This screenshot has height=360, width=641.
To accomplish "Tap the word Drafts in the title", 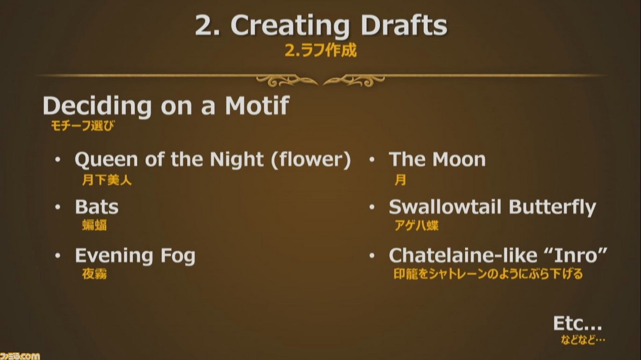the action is [x=404, y=25].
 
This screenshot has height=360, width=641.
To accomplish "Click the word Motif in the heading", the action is [x=257, y=105].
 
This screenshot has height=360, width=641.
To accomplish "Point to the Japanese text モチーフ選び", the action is [x=83, y=126].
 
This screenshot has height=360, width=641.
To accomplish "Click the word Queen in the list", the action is [x=106, y=159].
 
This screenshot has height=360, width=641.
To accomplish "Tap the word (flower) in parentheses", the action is [x=311, y=159].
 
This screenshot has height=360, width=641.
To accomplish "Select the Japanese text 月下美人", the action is [x=107, y=180].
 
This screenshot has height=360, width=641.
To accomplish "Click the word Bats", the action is [x=97, y=207].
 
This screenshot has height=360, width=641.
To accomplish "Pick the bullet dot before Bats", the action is [x=58, y=207].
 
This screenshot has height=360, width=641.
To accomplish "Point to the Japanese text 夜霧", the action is [x=95, y=274].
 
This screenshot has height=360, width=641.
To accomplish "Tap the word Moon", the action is [x=459, y=159].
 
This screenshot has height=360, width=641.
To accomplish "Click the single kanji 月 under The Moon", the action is [x=400, y=180].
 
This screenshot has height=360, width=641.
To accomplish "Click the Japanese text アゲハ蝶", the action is [x=416, y=225].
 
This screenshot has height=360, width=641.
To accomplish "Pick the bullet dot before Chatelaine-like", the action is [x=372, y=255].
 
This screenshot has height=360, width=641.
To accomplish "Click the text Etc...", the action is [x=577, y=323].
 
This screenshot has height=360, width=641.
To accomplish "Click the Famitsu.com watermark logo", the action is [x=20, y=356].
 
